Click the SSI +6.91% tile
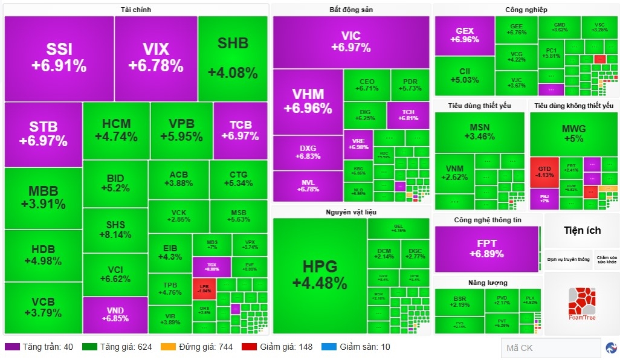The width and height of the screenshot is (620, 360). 59,58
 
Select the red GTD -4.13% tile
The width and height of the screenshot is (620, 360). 544,172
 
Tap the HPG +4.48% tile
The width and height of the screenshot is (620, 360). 319,275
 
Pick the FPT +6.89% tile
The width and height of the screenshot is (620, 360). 486,248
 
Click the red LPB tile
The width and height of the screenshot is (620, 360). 204,288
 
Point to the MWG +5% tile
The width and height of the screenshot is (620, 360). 573,133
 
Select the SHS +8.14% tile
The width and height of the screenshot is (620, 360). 115,230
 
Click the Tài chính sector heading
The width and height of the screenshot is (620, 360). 136,10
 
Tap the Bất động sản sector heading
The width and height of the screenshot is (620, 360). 350,10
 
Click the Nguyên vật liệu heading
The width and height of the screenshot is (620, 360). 351,211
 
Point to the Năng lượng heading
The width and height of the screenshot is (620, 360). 487,283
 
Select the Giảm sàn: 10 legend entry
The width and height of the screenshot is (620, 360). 356,347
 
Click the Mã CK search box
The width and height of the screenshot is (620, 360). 550,348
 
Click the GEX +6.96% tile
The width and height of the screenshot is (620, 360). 464,35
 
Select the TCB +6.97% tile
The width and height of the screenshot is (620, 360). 240,130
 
